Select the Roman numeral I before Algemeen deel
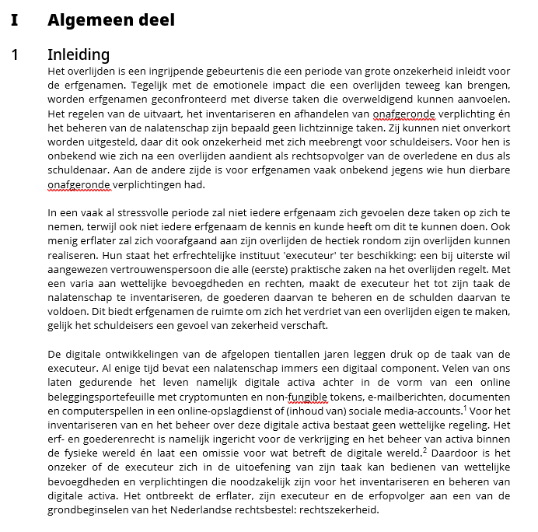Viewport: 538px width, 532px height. (14, 20)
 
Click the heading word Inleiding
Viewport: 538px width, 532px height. (79, 54)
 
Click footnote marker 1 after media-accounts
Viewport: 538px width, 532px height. (464, 405)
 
